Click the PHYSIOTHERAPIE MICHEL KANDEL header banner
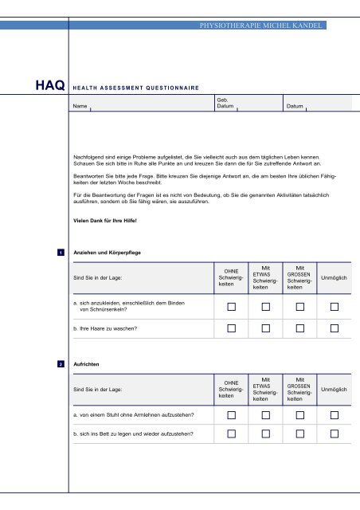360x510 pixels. click(260, 25)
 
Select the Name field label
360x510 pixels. click(79, 105)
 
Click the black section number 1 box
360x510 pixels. click(61, 253)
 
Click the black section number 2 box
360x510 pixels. click(61, 363)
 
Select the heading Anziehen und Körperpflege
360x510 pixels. click(107, 253)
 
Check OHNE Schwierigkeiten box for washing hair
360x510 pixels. click(231, 328)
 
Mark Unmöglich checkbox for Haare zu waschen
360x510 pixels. click(335, 328)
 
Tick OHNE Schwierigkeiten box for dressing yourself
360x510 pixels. click(231, 307)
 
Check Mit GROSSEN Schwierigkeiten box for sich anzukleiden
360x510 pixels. click(300, 307)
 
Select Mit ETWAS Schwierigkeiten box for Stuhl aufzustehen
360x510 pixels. click(266, 415)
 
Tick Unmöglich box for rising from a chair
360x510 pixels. click(335, 415)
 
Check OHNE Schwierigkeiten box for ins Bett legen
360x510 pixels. click(231, 434)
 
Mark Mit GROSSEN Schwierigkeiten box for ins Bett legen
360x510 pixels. click(300, 434)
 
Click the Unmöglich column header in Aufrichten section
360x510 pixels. click(335, 389)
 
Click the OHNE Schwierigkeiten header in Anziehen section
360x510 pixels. click(231, 278)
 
